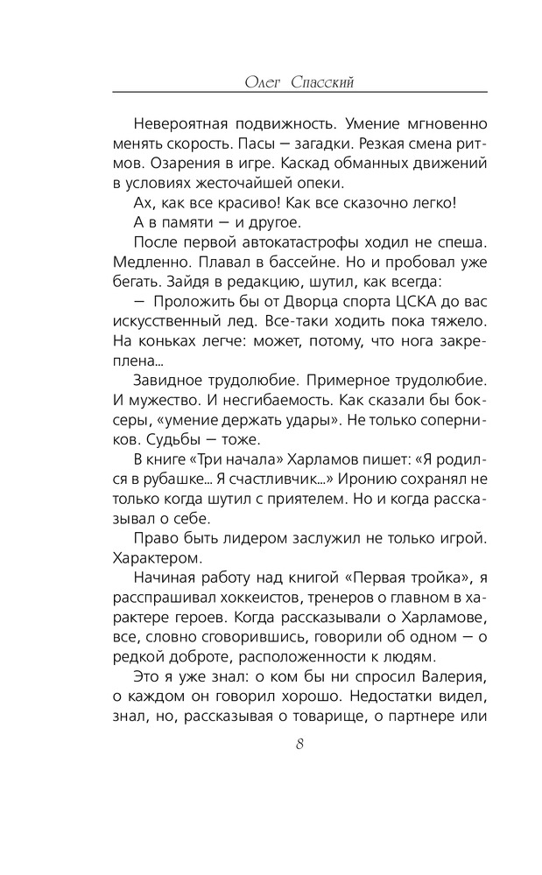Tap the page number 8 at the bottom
[x=299, y=745]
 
